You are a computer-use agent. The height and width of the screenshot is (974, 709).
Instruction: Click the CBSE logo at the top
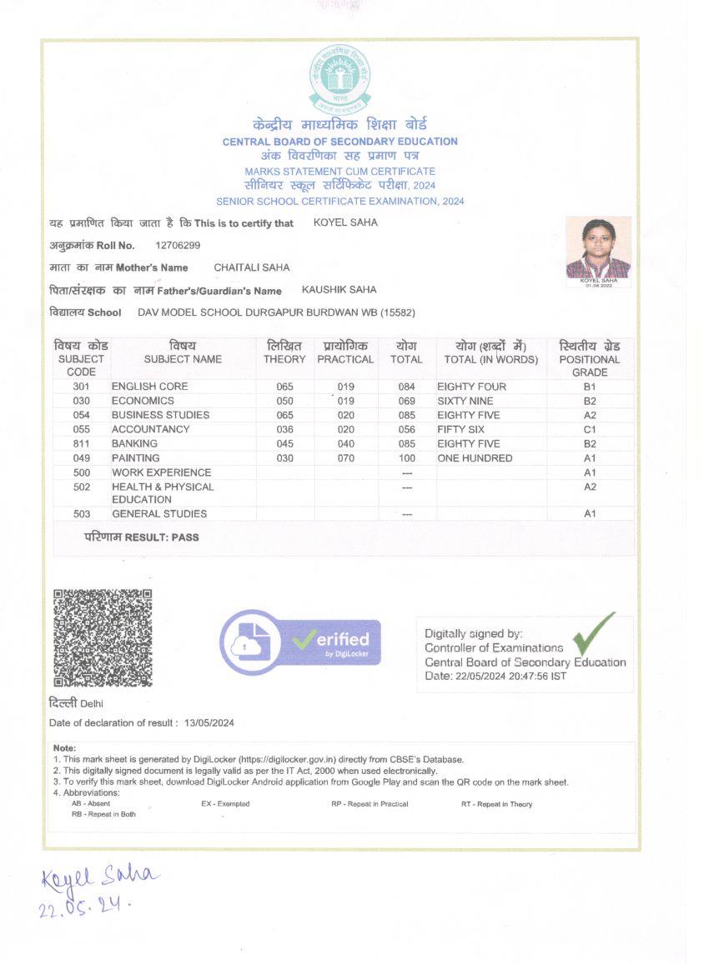tap(339, 78)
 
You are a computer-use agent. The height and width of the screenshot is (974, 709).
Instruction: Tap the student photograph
tap(598, 248)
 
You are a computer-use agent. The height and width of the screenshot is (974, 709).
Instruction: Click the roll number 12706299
tap(178, 245)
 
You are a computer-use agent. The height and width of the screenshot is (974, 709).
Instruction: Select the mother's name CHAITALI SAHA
tap(252, 267)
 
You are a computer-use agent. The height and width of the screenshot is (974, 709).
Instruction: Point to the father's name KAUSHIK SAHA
tap(339, 290)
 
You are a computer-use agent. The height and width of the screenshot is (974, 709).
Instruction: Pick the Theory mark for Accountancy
tap(284, 429)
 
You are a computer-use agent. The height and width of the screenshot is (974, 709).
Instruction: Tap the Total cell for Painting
tap(406, 458)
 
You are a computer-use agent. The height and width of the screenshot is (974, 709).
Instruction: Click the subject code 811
tap(81, 444)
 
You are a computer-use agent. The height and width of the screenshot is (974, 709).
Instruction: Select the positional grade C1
tap(590, 429)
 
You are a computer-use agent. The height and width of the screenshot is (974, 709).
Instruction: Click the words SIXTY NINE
tap(465, 401)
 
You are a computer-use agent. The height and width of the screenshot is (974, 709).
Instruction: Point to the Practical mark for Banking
tap(345, 444)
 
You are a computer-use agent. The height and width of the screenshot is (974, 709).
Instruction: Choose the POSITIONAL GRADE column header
tap(590, 359)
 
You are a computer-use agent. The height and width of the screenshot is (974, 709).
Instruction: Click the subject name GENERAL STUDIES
tap(159, 513)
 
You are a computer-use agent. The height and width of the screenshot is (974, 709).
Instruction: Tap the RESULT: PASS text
tap(142, 537)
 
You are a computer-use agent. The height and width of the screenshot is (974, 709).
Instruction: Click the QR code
tap(103, 637)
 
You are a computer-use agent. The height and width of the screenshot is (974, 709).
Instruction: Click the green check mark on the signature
tap(593, 633)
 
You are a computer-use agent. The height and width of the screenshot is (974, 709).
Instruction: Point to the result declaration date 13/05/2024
tap(209, 722)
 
